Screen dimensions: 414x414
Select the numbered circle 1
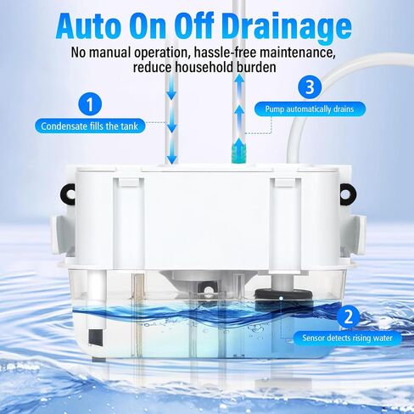point(90,104)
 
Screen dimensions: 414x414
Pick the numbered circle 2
point(349,316)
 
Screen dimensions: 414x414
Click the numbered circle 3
point(310,87)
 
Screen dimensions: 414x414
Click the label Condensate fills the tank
point(90,126)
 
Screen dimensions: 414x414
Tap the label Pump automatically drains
point(310,109)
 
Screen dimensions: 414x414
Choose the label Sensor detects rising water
point(347,338)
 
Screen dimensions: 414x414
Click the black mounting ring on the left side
point(67,194)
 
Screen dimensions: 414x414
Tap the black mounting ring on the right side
point(347,194)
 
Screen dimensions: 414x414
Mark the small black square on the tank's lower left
point(96,338)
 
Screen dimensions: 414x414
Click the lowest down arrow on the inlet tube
point(171,155)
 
